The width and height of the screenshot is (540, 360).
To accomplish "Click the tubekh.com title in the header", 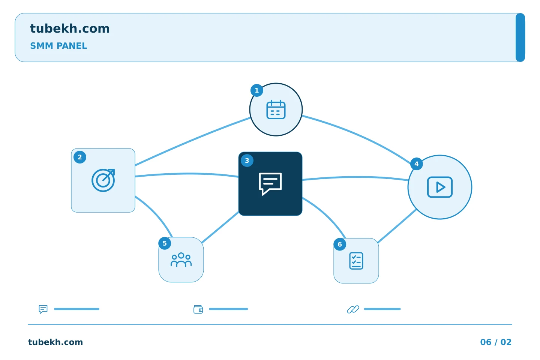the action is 70,28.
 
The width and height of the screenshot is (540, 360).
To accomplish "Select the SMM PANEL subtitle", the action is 58,46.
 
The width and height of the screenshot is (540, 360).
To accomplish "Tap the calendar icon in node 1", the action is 276,109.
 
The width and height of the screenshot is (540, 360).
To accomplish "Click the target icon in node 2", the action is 103,180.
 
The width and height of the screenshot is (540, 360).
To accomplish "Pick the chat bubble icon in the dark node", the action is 270,184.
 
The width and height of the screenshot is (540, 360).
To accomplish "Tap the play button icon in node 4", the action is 440,187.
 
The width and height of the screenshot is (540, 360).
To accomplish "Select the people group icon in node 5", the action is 181,260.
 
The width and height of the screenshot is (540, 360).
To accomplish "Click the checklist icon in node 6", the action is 356,261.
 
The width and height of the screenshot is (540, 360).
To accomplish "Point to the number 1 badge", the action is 257,90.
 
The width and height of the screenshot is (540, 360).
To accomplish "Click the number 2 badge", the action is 80,157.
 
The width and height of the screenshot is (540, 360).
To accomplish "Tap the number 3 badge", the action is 247,160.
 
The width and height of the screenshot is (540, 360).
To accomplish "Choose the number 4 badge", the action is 416,164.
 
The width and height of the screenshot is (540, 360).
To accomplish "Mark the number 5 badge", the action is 165,243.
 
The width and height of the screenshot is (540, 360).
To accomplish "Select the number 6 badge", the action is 340,244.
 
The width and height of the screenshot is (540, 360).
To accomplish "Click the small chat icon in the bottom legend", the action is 43,309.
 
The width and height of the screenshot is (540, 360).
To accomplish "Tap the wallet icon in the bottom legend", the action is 198,309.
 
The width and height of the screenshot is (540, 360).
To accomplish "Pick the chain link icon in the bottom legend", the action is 353,309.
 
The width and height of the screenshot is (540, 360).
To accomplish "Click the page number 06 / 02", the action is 496,342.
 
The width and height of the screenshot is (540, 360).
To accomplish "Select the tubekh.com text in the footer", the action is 55,342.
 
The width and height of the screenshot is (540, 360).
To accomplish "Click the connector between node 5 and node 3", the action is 220,227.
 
